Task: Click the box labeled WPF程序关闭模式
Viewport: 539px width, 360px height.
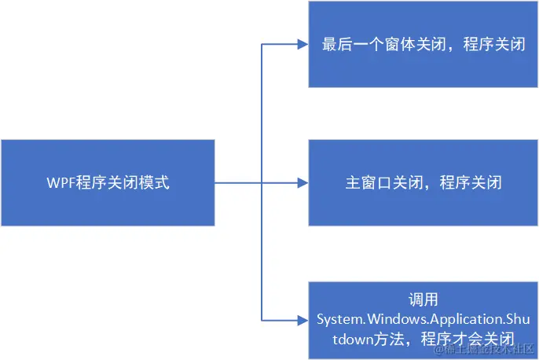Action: pos(108,182)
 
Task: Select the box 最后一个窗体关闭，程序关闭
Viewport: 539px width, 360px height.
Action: pos(422,44)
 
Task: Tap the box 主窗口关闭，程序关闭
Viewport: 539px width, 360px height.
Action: pos(422,182)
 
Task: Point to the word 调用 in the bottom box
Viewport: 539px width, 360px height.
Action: pos(422,300)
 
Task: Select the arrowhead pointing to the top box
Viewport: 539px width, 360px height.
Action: pos(302,44)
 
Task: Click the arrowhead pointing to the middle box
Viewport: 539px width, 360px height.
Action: pos(302,183)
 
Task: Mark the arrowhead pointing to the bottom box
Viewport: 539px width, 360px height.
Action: pos(302,320)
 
